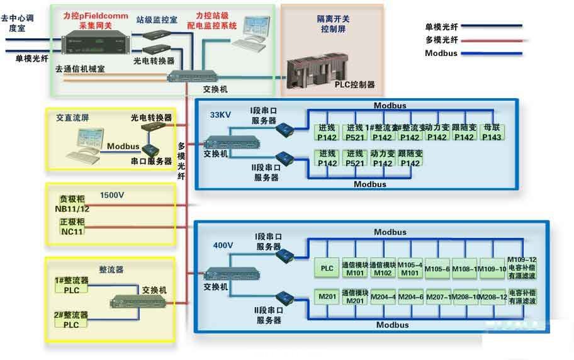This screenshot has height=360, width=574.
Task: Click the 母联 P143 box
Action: click(491, 133)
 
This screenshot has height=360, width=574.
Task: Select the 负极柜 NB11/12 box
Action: click(70, 204)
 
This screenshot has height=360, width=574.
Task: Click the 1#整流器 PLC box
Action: click(70, 284)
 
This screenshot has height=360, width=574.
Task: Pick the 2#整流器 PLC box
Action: click(70, 319)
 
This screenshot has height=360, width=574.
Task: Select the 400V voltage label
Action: click(223, 245)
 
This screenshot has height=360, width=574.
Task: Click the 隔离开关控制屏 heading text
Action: click(332, 24)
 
